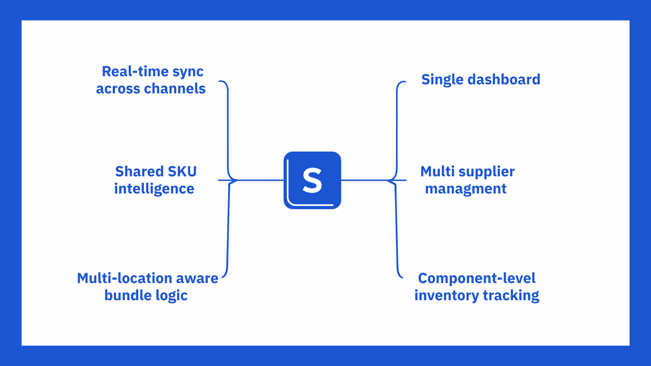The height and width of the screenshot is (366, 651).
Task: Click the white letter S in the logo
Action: [312, 181]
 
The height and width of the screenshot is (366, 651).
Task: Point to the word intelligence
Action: [154, 188]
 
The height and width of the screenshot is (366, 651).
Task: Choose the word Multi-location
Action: [125, 278]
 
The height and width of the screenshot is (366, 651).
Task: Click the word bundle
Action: [122, 295]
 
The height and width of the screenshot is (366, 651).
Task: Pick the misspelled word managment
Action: [466, 188]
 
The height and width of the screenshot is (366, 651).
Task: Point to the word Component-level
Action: [477, 278]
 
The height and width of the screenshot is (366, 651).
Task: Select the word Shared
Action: [135, 171]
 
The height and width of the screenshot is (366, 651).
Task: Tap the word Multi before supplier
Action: [436, 171]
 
